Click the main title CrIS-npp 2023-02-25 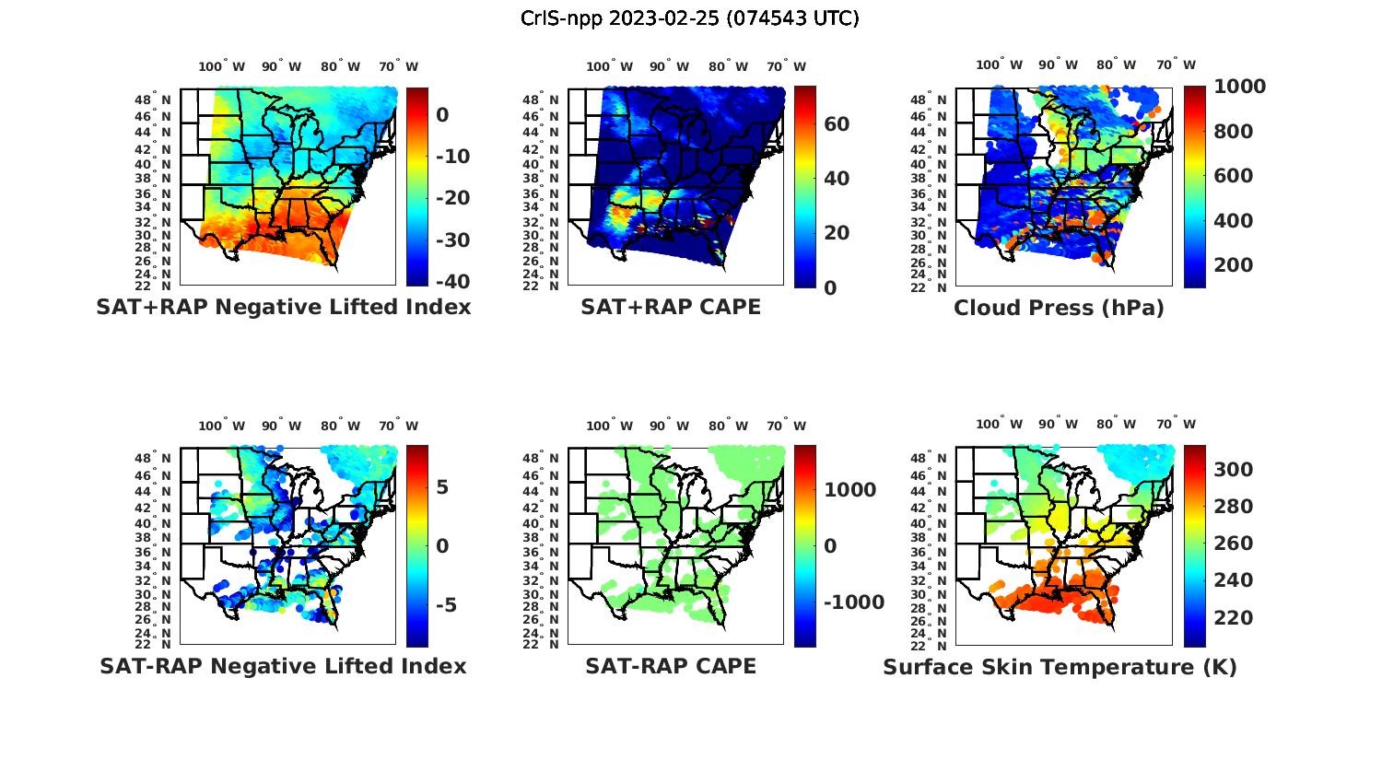(x=689, y=18)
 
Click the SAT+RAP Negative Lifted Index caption (x=283, y=307)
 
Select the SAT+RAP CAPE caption (x=671, y=307)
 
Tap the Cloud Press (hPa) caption (x=1059, y=308)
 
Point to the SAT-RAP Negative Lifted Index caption (x=283, y=666)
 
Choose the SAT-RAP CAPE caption (x=671, y=666)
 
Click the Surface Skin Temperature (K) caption (x=1060, y=667)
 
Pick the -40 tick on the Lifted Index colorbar (x=452, y=282)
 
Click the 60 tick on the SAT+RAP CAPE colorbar (x=837, y=124)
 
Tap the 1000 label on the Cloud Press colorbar (x=1239, y=87)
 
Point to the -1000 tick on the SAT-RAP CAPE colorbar (x=854, y=602)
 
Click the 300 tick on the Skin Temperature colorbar (x=1233, y=470)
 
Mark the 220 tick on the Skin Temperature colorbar (x=1233, y=617)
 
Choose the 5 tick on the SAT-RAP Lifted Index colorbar (x=442, y=487)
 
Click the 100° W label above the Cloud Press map (x=998, y=65)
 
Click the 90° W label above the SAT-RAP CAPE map (x=669, y=426)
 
